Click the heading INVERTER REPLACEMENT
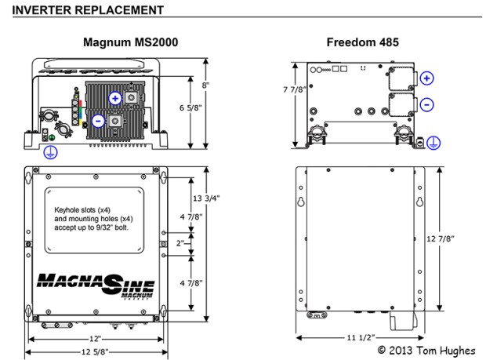pos(87,9)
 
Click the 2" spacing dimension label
pos(180,243)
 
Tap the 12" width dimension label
pos(95,338)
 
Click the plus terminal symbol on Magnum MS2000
pos(115,98)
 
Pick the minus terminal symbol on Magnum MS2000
pos(97,121)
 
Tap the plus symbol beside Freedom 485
pos(426,78)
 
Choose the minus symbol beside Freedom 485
pos(426,104)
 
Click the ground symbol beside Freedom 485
pos(433,143)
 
